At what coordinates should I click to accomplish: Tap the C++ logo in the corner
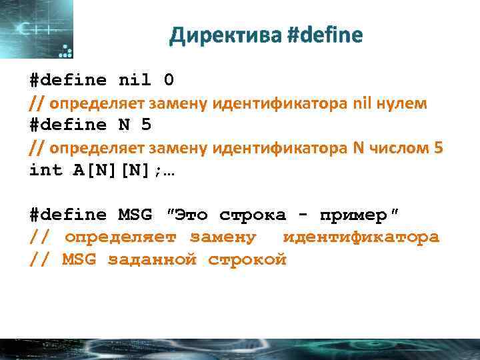[x=37, y=30]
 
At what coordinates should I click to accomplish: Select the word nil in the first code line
[x=135, y=81]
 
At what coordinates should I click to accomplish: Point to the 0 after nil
[x=169, y=81]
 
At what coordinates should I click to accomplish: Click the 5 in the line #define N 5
[x=147, y=125]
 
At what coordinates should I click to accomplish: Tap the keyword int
[x=45, y=170]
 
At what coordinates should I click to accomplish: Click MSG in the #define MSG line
[x=135, y=215]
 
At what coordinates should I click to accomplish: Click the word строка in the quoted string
[x=252, y=215]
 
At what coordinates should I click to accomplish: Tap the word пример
[x=353, y=215]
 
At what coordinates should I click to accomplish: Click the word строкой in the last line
[x=247, y=260]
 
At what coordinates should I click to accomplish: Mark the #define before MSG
[x=68, y=215]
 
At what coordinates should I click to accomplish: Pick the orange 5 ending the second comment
[x=437, y=148]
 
